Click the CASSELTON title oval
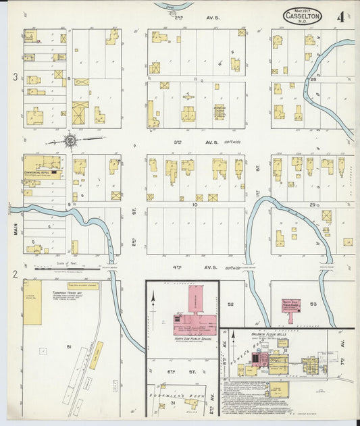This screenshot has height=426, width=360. tap(302, 16)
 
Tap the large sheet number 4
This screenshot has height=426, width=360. tap(340, 17)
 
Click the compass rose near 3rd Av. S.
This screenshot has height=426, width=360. tap(70, 140)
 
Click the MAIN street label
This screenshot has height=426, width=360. tap(14, 230)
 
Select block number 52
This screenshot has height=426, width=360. tap(230, 304)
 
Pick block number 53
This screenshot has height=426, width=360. tap(312, 304)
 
